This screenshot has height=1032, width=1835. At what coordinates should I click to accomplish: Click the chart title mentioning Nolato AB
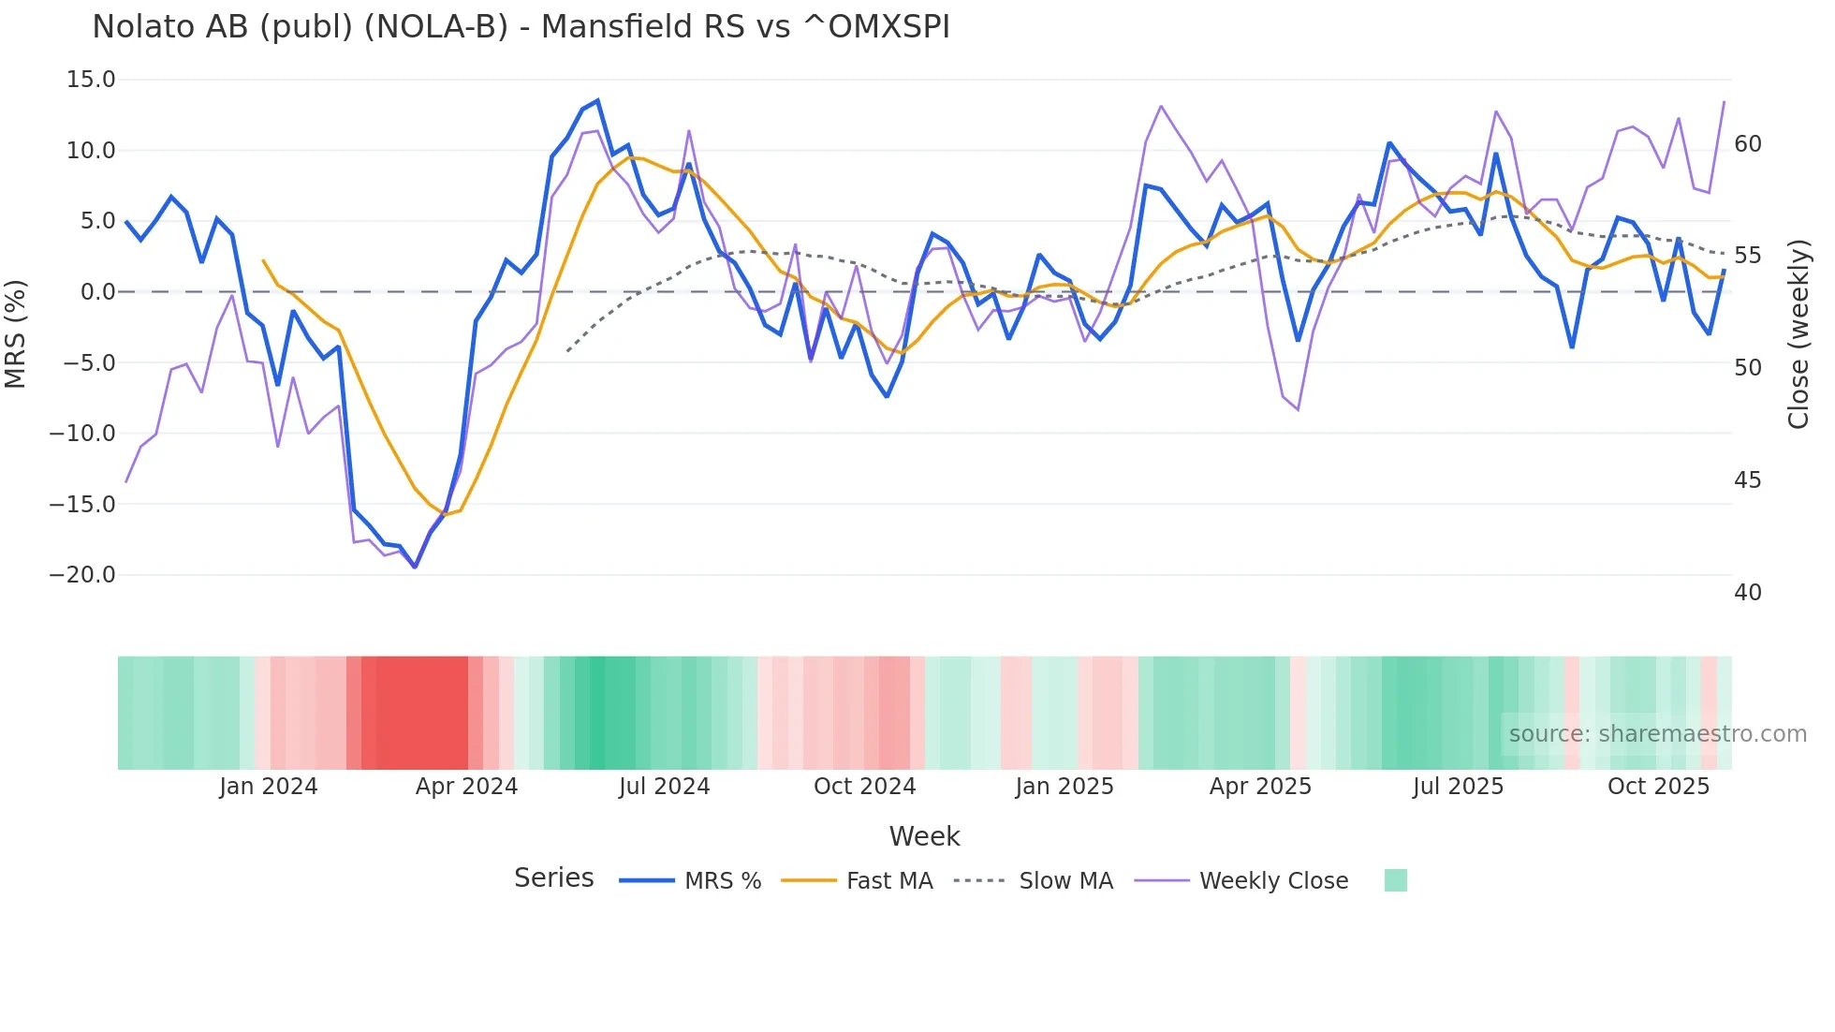click(521, 27)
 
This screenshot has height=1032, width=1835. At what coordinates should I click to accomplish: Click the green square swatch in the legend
click(1395, 880)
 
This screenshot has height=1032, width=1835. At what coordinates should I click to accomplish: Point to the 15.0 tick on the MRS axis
click(91, 80)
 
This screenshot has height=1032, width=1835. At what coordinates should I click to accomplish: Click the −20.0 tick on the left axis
click(82, 575)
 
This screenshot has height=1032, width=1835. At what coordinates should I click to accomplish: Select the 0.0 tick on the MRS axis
click(97, 292)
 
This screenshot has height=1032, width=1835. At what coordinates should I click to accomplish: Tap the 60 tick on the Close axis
click(1748, 144)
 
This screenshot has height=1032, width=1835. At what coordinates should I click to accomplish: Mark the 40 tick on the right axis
click(1748, 593)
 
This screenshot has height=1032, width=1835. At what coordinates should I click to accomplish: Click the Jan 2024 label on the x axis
click(269, 787)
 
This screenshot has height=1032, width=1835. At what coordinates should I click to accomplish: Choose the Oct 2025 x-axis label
click(1658, 787)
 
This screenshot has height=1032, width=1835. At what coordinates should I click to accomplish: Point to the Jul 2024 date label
click(665, 787)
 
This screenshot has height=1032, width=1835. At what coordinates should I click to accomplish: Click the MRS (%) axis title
click(16, 333)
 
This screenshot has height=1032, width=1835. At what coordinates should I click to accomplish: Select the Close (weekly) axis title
click(1798, 334)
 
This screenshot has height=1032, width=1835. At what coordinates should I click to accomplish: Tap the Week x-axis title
click(924, 836)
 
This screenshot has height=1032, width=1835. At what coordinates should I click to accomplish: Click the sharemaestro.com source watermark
click(1657, 734)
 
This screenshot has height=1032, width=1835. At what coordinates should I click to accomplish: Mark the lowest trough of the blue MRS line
click(415, 567)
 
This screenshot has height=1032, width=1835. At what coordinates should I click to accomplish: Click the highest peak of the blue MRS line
click(597, 101)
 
